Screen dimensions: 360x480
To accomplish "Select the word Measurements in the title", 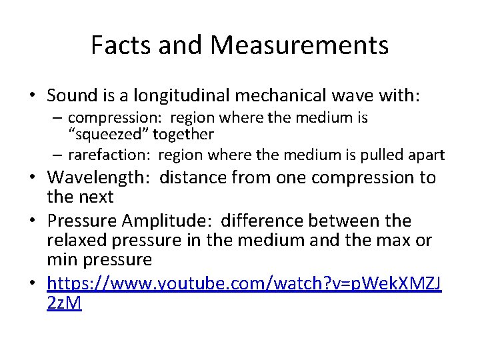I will [x=299, y=45].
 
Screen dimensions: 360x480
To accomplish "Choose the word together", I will [x=183, y=134].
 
